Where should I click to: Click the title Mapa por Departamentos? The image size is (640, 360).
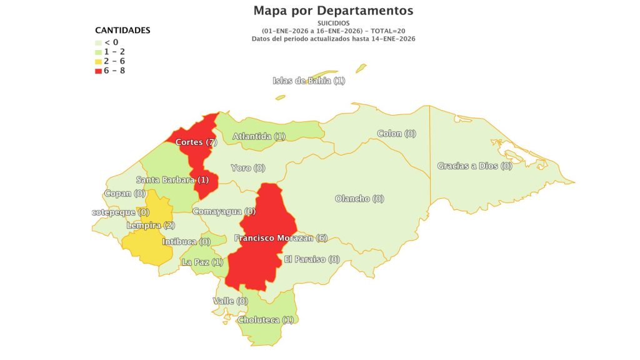click(x=333, y=11)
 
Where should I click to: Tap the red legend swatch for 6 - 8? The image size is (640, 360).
click(x=98, y=71)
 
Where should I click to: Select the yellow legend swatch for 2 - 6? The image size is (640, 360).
click(x=98, y=61)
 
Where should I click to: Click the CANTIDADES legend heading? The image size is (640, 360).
click(x=122, y=30)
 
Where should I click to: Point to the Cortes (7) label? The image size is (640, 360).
click(x=196, y=142)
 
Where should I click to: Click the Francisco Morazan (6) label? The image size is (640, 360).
click(x=281, y=237)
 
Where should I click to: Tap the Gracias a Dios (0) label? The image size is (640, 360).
click(x=474, y=166)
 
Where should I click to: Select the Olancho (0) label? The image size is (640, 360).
click(x=359, y=199)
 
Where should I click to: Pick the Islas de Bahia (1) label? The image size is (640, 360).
click(x=309, y=80)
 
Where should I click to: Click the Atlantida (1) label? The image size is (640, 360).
click(x=259, y=136)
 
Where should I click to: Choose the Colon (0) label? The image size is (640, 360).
click(x=396, y=133)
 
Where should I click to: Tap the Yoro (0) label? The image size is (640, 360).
click(x=248, y=167)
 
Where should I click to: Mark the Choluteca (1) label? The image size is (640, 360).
click(x=266, y=319)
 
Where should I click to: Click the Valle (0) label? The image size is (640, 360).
click(x=230, y=301)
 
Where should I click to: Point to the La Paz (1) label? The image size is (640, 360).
click(x=202, y=262)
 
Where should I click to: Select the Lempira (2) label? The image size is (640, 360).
click(x=151, y=225)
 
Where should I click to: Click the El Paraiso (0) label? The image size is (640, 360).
click(x=311, y=259)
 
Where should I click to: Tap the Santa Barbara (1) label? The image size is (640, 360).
click(x=172, y=180)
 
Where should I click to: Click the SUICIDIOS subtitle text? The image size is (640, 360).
click(x=333, y=23)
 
